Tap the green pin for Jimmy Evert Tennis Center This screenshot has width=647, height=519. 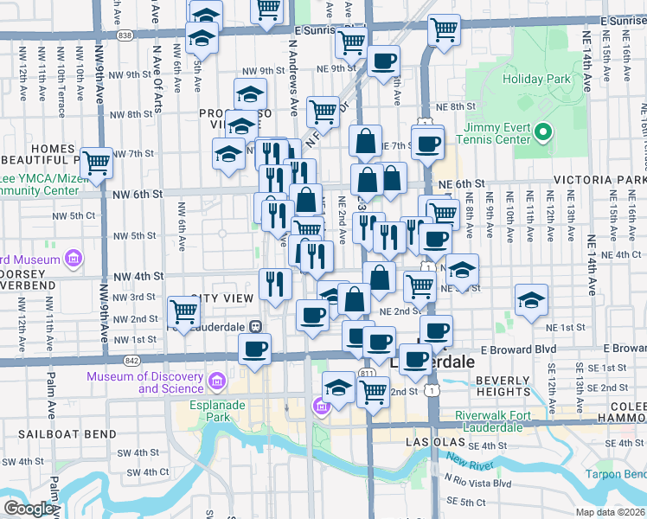(x=542, y=133)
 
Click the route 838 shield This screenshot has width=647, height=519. (x=126, y=35)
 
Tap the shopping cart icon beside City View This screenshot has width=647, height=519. (x=183, y=311)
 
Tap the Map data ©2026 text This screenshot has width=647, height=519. (x=610, y=512)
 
